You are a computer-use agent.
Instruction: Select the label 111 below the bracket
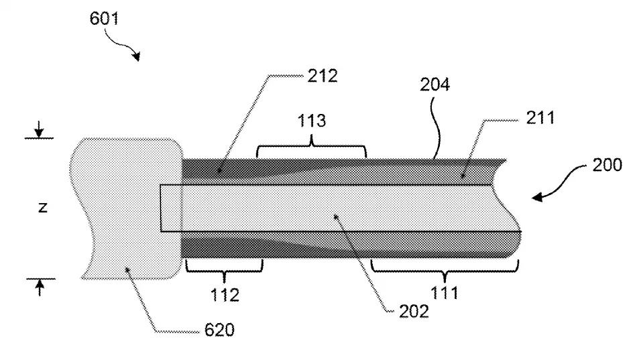445,294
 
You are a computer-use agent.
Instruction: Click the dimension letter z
42,208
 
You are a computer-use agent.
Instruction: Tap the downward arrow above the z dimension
40,128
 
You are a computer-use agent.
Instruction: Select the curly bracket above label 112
224,268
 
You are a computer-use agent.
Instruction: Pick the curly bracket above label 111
445,268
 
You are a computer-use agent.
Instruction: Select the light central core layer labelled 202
335,208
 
